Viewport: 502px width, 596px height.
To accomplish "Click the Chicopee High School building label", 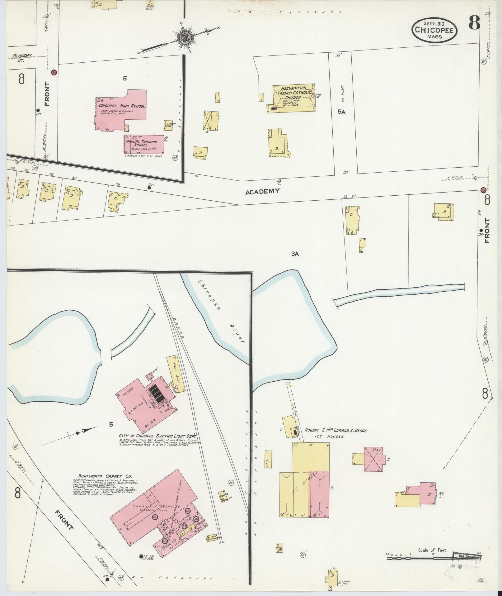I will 122,106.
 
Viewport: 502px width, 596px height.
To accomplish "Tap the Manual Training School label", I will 141,143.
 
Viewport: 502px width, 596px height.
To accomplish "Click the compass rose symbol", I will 184,39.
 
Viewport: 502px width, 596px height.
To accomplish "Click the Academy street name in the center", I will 262,191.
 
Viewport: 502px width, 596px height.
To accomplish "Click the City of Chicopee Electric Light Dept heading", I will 159,436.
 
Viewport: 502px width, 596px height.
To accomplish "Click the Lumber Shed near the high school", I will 168,125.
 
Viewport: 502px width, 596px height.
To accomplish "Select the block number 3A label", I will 295,254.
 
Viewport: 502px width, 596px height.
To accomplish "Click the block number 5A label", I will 341,112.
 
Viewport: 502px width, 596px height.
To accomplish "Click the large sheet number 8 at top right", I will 474,23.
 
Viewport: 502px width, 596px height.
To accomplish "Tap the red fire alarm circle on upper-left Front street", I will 54,72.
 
